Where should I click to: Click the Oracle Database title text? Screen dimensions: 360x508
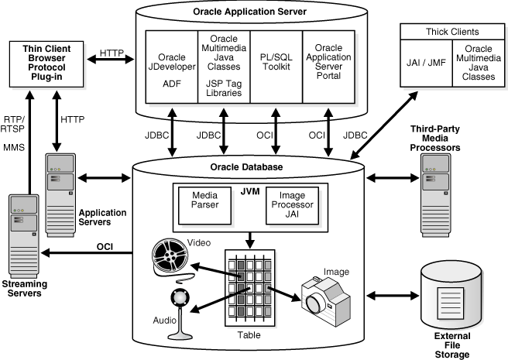[249, 166]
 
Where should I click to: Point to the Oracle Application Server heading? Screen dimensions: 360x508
[248, 11]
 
